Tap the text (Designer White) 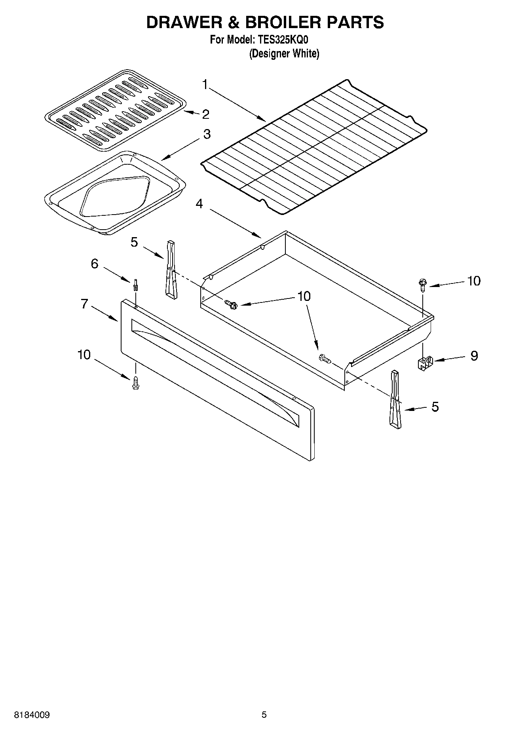(284, 53)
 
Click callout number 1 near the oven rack (205, 84)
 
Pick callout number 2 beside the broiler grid (205, 114)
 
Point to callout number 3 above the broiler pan (207, 134)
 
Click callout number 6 (94, 264)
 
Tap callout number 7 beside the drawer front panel (84, 304)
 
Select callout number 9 (474, 356)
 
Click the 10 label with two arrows (304, 297)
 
